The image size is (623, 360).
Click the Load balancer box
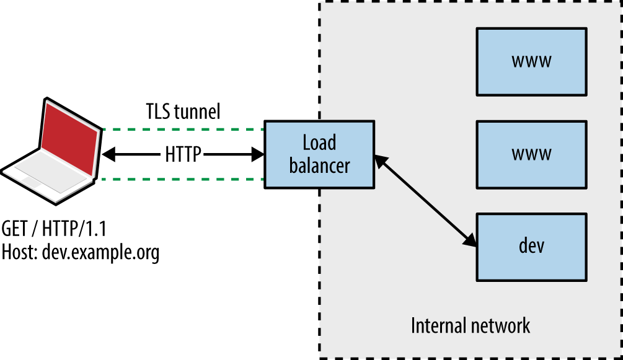point(319,154)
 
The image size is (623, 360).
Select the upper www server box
point(531,61)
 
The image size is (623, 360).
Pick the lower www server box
point(531,154)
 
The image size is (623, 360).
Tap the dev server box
point(531,246)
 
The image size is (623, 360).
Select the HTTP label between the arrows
point(183,154)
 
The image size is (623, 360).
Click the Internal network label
point(471,325)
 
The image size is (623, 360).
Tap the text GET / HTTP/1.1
point(55,229)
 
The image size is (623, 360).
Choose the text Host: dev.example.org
point(81,252)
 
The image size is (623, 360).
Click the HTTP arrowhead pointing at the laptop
point(109,154)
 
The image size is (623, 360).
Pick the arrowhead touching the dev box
point(471,242)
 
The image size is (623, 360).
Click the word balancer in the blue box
point(319,166)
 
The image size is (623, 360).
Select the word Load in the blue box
point(319,143)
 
